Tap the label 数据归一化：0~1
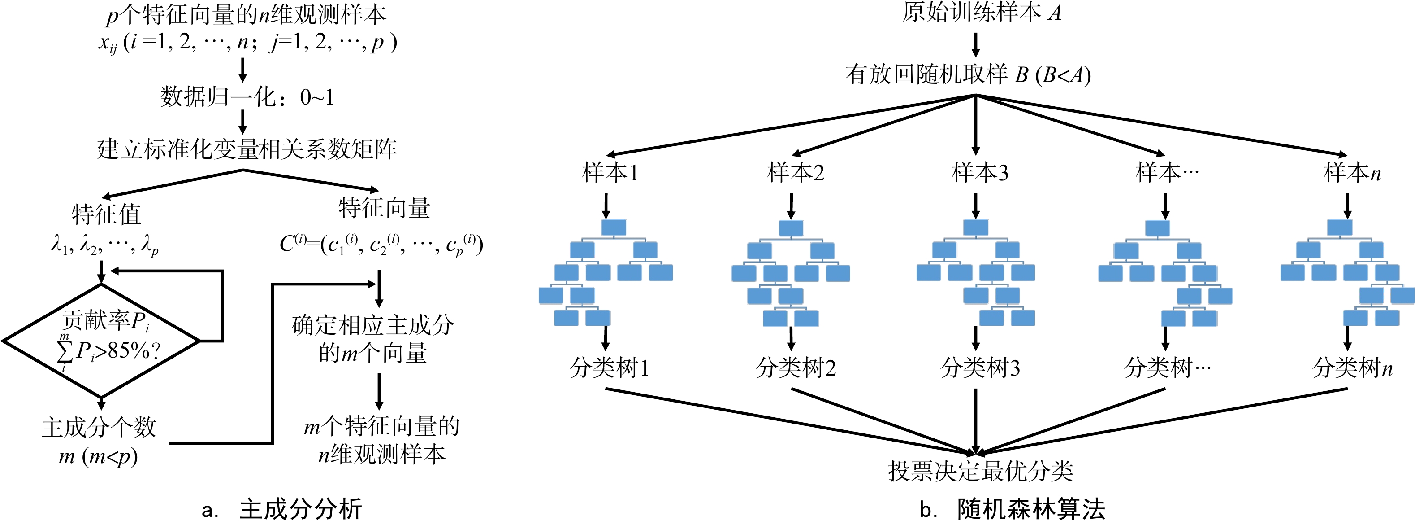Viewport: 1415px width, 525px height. coord(247,97)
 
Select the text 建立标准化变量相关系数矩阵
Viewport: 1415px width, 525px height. coord(247,149)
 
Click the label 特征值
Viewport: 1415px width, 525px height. coord(107,214)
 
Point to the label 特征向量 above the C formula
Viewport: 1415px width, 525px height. coord(385,208)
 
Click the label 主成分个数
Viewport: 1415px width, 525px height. coord(100,427)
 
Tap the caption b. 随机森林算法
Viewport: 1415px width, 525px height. coord(1013,509)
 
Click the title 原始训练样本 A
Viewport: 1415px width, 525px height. coord(982,13)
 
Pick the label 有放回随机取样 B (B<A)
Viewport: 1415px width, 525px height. coord(968,74)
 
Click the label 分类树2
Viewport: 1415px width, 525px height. coord(796,367)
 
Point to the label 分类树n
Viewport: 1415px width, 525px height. coord(1352,367)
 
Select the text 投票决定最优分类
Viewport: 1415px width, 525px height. coord(981,471)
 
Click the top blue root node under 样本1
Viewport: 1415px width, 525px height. coord(614,227)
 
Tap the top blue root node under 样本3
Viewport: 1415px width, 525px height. coord(976,227)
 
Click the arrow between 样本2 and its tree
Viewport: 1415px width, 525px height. coord(791,206)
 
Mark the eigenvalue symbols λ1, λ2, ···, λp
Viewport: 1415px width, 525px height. coord(105,244)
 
